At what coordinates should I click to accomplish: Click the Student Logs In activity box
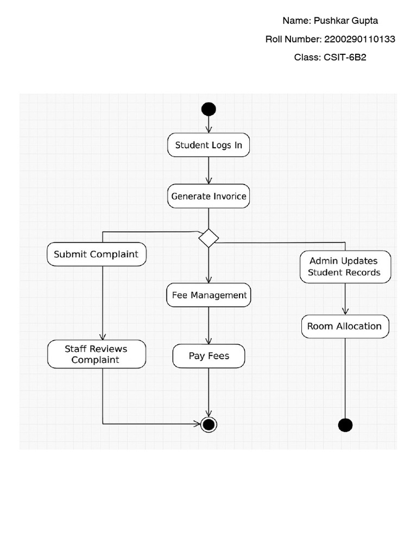(208, 145)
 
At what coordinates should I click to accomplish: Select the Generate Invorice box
(208, 197)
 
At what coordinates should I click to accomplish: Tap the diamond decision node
(208, 238)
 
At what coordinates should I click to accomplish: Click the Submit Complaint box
(97, 254)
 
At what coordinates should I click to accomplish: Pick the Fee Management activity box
(209, 295)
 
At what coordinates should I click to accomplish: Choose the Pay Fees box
(209, 356)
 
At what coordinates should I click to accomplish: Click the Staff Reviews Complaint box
(97, 354)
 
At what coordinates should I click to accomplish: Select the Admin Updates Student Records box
(345, 267)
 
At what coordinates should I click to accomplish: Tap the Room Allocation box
(345, 326)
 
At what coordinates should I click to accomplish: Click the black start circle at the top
(208, 109)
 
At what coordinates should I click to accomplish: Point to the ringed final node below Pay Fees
(208, 424)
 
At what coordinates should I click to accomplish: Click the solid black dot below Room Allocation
(345, 425)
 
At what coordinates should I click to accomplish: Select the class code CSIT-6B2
(345, 57)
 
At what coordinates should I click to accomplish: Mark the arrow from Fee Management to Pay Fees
(208, 326)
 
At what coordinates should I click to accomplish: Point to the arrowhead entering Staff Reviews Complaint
(103, 337)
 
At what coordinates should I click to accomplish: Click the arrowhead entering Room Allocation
(345, 311)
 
